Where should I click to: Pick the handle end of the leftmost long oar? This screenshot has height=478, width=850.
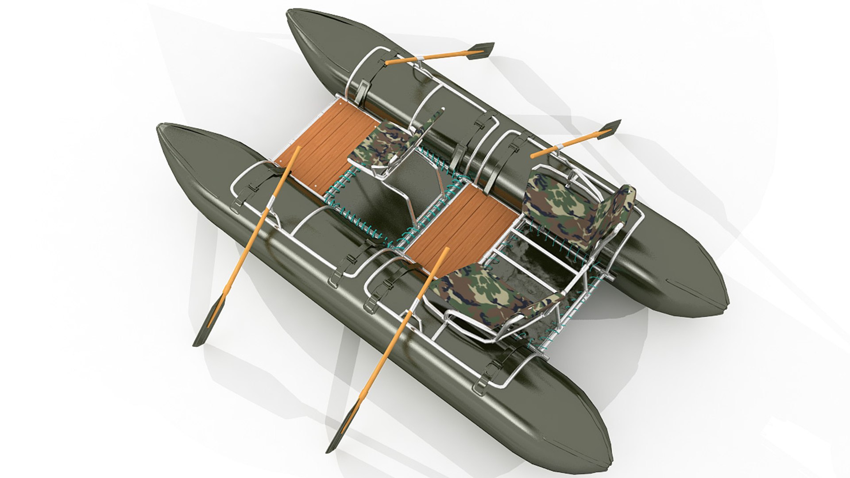[x=298, y=148]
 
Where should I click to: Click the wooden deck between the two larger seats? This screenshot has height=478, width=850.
[x=460, y=224]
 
